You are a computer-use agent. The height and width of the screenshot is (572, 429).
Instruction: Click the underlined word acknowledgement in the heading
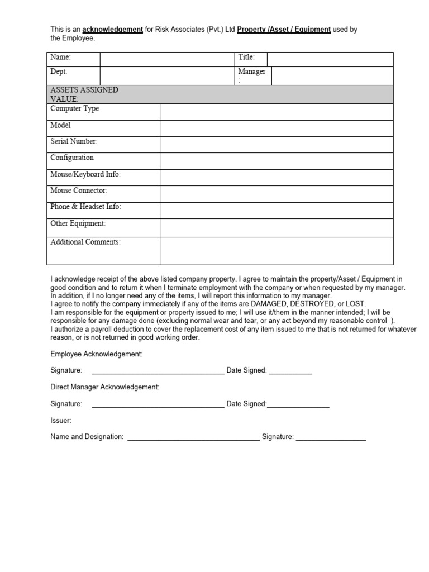pyautogui.click(x=112, y=30)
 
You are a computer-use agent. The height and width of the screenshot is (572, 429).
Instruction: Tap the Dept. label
pyautogui.click(x=59, y=72)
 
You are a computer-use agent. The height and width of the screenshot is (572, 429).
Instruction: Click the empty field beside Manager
pyautogui.click(x=332, y=77)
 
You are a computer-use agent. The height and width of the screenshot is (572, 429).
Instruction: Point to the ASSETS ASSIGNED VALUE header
pyautogui.click(x=84, y=94)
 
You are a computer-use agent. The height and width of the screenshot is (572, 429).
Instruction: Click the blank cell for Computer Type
pyautogui.click(x=276, y=112)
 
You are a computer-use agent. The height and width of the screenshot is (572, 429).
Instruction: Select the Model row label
pyautogui.click(x=60, y=126)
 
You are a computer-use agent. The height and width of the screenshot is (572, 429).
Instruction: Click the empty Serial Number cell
pyautogui.click(x=276, y=145)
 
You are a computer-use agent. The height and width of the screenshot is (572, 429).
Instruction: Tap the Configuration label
pyautogui.click(x=72, y=158)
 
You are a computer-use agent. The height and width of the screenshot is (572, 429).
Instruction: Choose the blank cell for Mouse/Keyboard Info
pyautogui.click(x=276, y=178)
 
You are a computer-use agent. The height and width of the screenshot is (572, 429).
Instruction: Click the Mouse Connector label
pyautogui.click(x=79, y=191)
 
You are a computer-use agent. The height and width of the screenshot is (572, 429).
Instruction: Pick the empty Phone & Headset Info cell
pyautogui.click(x=276, y=210)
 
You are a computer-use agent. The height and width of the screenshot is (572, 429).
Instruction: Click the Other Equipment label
pyautogui.click(x=78, y=223)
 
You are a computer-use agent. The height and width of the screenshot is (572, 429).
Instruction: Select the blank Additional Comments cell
pyautogui.click(x=276, y=250)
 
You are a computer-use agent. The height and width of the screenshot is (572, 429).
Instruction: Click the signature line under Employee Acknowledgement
pyautogui.click(x=158, y=371)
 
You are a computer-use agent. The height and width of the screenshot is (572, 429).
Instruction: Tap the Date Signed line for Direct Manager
pyautogui.click(x=298, y=404)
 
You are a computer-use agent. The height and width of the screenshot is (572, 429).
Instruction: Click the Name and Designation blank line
pyautogui.click(x=193, y=437)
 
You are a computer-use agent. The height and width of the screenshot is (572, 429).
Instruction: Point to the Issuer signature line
pyautogui.click(x=331, y=437)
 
